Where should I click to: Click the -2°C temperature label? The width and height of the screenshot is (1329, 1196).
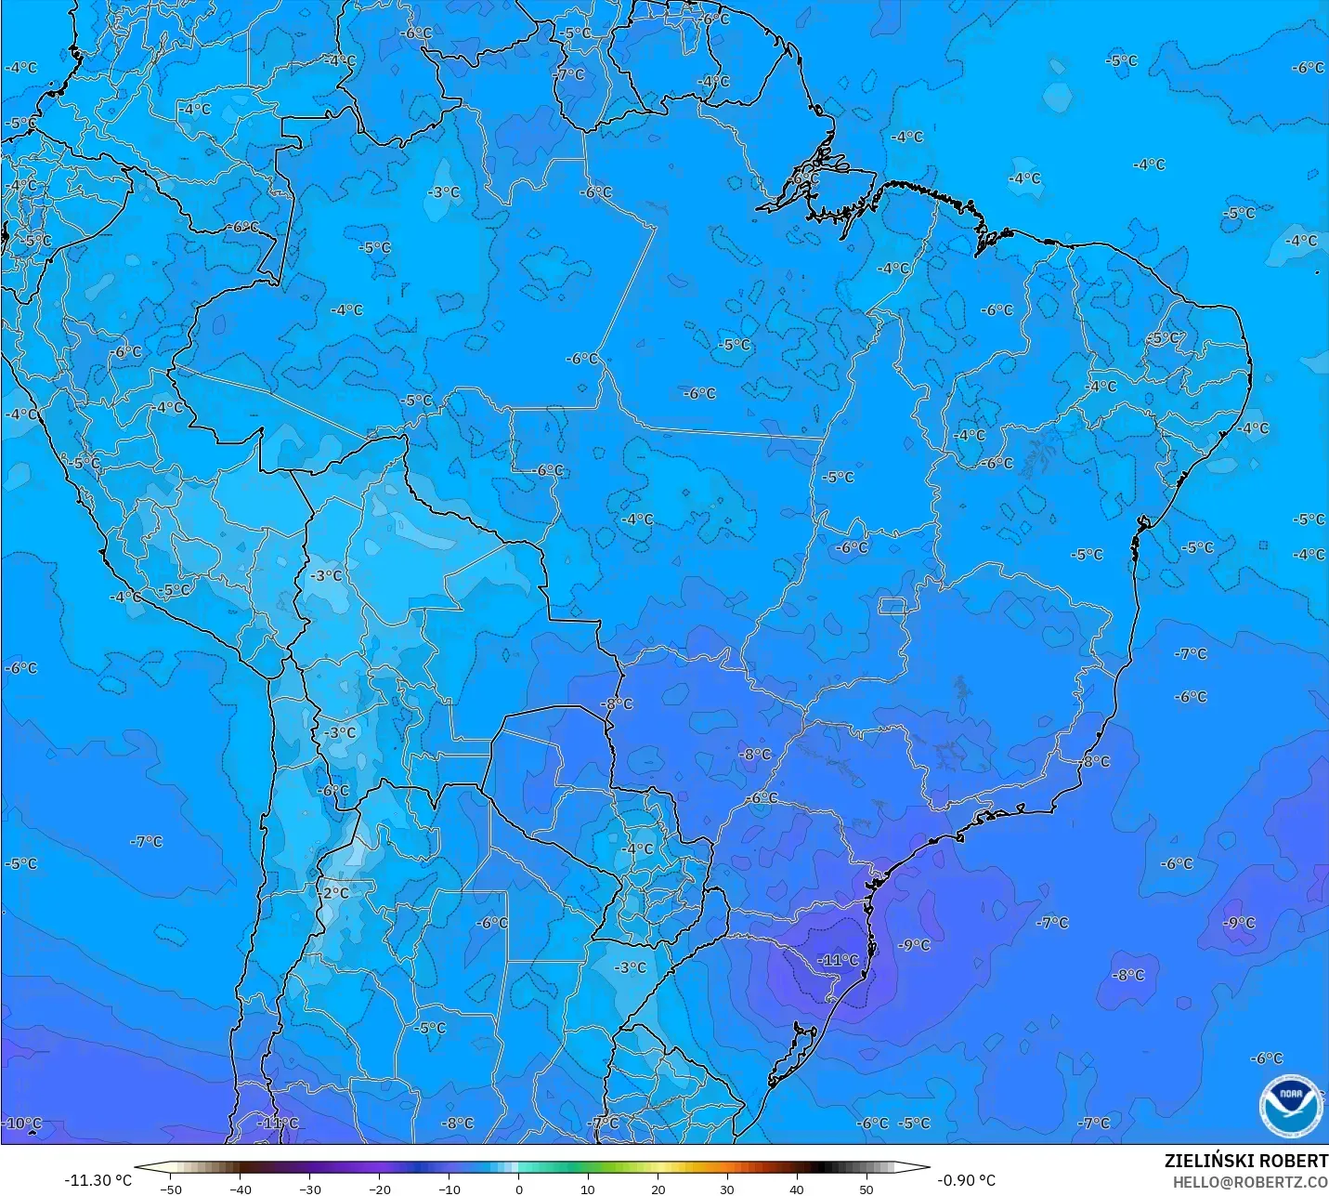(334, 893)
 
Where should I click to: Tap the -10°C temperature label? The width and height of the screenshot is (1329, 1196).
(22, 1123)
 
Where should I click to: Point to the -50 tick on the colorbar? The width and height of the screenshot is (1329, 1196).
(171, 1189)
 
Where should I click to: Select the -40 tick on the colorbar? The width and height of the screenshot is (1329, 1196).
(241, 1189)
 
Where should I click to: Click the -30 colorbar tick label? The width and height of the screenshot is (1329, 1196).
(310, 1189)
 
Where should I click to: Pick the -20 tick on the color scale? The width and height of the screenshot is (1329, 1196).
(380, 1189)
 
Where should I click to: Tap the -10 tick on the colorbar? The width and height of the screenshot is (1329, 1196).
(450, 1189)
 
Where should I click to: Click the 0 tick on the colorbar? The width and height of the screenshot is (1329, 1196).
(519, 1189)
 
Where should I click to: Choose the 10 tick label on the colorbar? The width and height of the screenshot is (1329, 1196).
(588, 1189)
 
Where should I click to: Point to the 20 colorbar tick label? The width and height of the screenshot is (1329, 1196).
(658, 1189)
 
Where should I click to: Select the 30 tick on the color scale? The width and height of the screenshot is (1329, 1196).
(727, 1189)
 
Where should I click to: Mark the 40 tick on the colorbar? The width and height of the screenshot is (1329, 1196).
(797, 1189)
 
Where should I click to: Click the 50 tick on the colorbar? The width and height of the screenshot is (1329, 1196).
(866, 1189)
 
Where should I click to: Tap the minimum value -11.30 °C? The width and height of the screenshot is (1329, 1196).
(98, 1180)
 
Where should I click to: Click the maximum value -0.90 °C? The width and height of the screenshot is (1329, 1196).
(966, 1180)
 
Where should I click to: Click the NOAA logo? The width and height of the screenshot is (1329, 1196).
(1290, 1104)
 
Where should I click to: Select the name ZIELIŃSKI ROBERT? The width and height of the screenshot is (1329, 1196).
(1246, 1161)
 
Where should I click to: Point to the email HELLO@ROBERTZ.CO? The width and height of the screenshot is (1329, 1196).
(1250, 1182)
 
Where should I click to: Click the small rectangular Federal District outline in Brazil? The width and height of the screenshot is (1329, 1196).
(893, 607)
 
